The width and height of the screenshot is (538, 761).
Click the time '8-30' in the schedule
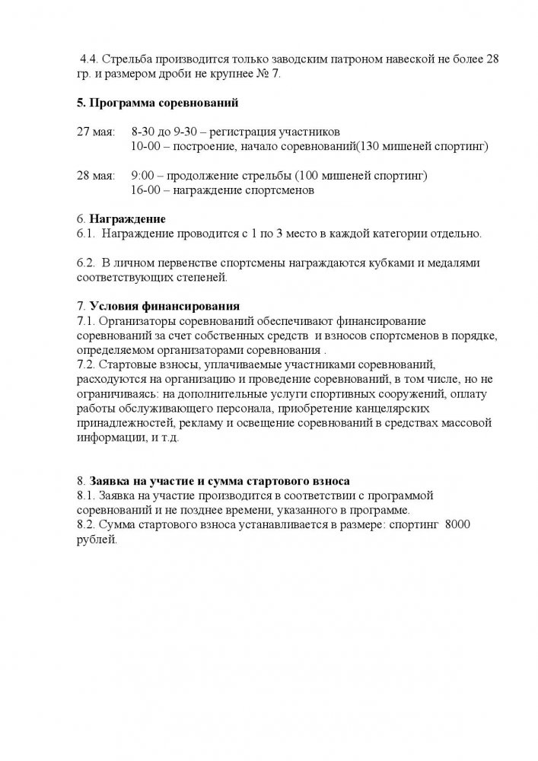point(143,132)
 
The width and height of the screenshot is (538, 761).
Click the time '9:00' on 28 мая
point(144,176)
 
